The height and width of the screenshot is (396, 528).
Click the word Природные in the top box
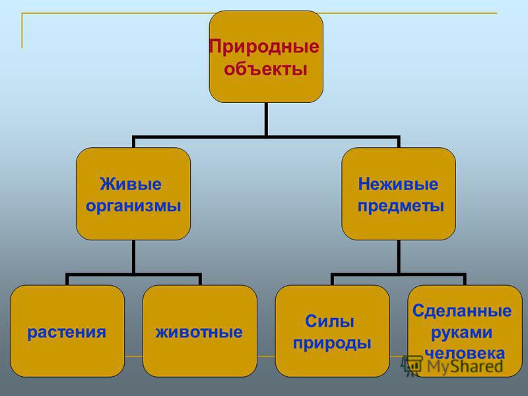pyautogui.click(x=264, y=47)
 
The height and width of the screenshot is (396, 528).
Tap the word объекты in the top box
pyautogui.click(x=266, y=69)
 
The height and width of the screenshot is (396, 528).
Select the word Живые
pyautogui.click(x=131, y=184)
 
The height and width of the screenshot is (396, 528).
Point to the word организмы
pyautogui.click(x=133, y=206)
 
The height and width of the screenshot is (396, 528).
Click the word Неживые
pyautogui.click(x=398, y=184)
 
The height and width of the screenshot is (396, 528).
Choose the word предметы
pyautogui.click(x=401, y=206)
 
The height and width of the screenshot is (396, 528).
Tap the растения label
pyautogui.click(x=67, y=333)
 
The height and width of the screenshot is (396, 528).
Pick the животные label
pyautogui.click(x=199, y=332)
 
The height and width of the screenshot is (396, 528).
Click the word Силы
pyautogui.click(x=329, y=321)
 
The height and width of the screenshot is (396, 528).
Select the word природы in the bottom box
pyautogui.click(x=332, y=343)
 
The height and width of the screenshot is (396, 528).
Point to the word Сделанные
pyautogui.click(x=462, y=311)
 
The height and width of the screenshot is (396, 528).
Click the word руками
pyautogui.click(x=461, y=333)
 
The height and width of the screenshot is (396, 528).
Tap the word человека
pyautogui.click(x=465, y=353)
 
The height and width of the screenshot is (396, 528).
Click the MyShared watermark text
pyautogui.click(x=465, y=366)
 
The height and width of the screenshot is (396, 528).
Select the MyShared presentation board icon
pyautogui.click(x=412, y=366)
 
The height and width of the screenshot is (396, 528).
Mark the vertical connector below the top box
pyautogui.click(x=266, y=119)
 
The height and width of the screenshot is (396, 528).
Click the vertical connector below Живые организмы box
pyautogui.click(x=134, y=257)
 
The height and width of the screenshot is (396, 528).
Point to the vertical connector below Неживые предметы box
pyautogui.click(x=399, y=257)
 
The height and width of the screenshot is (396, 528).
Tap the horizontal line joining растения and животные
pyautogui.click(x=134, y=275)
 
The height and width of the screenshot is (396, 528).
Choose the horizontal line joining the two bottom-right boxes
pyautogui.click(x=399, y=275)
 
